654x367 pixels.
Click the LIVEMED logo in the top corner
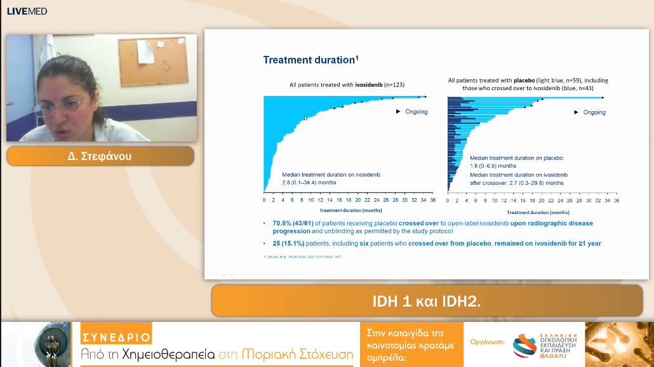[27, 11]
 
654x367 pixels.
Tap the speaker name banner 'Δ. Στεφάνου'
[100, 156]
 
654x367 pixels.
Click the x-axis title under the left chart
[350, 210]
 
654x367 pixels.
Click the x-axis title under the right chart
[538, 212]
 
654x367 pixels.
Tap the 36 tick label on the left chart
[432, 201]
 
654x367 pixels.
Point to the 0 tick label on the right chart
[448, 201]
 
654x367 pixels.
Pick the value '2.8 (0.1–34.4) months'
[309, 182]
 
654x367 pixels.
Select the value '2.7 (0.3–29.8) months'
[516, 182]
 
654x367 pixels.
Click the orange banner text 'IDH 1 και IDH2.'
[426, 301]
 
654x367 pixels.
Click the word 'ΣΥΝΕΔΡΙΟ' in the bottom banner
[116, 337]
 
